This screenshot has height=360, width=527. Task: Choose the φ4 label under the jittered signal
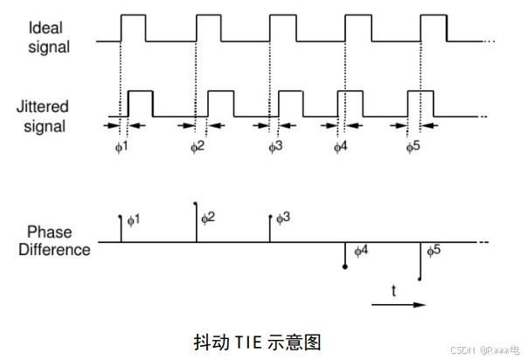click(x=341, y=145)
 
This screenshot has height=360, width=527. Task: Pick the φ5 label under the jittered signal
click(x=413, y=145)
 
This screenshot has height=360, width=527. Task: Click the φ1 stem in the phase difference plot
click(x=121, y=229)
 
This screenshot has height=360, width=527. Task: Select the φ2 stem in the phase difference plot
click(x=196, y=223)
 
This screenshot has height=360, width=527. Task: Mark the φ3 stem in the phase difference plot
click(x=271, y=229)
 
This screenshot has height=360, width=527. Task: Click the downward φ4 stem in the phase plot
click(x=345, y=255)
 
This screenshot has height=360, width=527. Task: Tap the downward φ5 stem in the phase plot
click(x=420, y=261)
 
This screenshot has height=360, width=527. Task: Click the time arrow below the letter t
click(x=398, y=304)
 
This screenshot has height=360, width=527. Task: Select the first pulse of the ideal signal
click(x=133, y=27)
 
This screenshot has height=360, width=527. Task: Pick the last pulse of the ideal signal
click(x=434, y=27)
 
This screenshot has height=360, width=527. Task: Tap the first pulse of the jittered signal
click(x=140, y=103)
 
